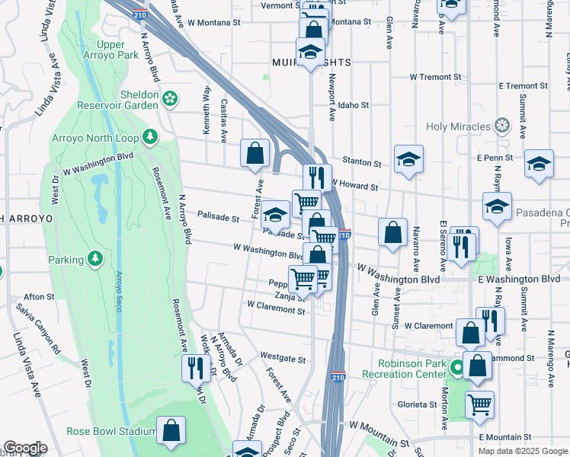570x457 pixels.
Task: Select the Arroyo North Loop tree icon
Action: click(x=151, y=136)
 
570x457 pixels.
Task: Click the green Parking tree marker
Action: click(x=95, y=260)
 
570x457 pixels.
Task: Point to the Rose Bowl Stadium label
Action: click(x=111, y=431)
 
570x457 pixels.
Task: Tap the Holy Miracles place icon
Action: click(x=501, y=125)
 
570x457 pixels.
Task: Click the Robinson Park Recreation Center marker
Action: click(x=457, y=369)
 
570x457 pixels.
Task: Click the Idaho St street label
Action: click(x=353, y=105)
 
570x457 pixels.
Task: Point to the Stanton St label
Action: click(x=362, y=163)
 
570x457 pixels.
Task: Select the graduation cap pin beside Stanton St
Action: click(x=409, y=160)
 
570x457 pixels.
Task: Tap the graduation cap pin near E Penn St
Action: click(x=539, y=164)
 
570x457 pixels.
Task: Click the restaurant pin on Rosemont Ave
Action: click(x=196, y=368)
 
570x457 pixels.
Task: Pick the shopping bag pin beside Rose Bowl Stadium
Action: click(x=171, y=430)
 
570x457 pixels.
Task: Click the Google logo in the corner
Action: click(x=25, y=448)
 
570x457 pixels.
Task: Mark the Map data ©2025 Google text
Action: click(x=522, y=451)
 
